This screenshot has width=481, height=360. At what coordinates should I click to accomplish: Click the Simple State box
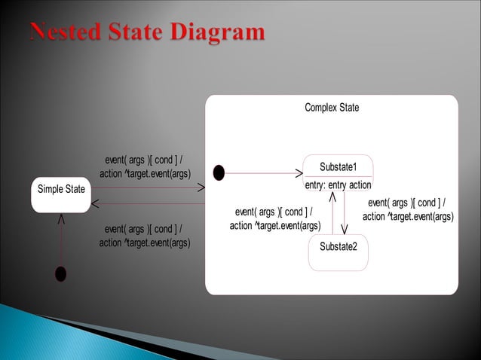tap(61, 194)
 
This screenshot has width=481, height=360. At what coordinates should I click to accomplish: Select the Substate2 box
tap(339, 252)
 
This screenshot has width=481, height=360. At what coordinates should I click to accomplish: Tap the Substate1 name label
tap(338, 166)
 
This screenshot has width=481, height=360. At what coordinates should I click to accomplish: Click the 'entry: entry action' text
tap(338, 185)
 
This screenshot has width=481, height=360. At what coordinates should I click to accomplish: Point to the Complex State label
tap(332, 108)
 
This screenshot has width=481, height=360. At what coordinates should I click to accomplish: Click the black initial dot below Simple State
tap(60, 274)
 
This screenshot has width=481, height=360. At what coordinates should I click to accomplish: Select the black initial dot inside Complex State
tap(219, 173)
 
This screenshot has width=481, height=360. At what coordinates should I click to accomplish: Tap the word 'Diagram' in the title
tap(222, 33)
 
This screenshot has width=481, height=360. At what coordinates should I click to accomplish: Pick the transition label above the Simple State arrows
tap(145, 166)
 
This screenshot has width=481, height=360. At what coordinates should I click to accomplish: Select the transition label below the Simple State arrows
tap(145, 235)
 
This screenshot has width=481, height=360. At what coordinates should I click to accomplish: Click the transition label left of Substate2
tap(275, 218)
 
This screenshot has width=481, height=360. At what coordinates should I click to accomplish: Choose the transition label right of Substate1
tap(408, 209)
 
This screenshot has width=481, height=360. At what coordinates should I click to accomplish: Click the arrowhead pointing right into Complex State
tap(202, 188)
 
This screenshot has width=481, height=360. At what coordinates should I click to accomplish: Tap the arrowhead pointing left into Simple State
tap(96, 203)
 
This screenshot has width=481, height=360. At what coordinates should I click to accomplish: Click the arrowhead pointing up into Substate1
tap(332, 198)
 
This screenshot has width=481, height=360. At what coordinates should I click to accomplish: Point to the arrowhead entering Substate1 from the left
tap(298, 173)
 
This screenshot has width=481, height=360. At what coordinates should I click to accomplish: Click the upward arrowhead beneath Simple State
tap(60, 219)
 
